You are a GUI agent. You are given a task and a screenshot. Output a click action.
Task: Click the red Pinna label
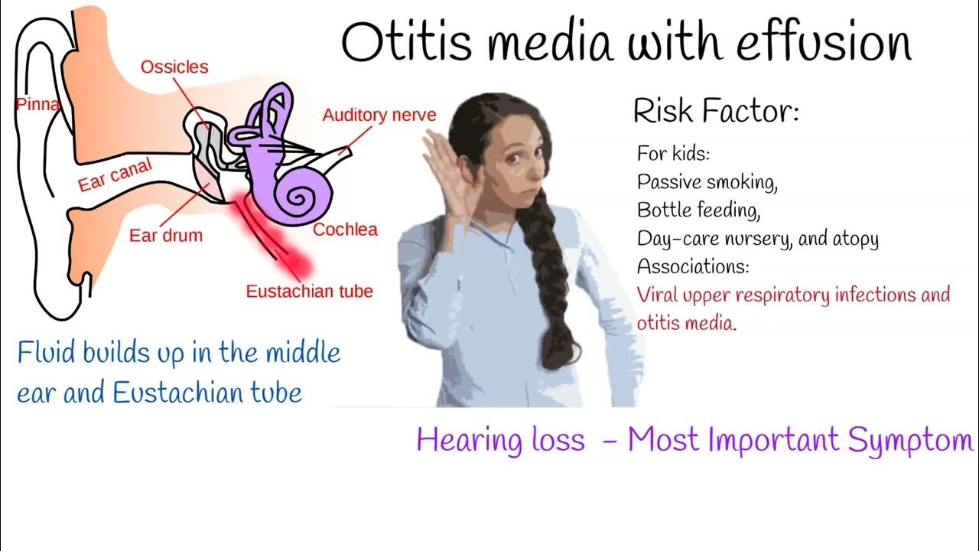(37, 104)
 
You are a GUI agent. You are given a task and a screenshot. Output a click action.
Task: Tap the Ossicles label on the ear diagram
(174, 67)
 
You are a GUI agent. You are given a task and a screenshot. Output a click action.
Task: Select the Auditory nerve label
(379, 116)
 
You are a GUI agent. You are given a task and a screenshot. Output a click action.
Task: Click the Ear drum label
(166, 235)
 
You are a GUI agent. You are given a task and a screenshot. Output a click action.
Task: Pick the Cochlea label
(345, 230)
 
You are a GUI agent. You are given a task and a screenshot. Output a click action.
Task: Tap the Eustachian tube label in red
(309, 292)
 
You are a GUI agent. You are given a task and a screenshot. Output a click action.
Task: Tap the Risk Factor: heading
(716, 113)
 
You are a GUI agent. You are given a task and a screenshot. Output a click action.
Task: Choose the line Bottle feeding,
(698, 210)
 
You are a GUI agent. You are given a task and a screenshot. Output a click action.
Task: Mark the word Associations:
(693, 267)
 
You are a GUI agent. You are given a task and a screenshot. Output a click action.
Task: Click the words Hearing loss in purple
(500, 440)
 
